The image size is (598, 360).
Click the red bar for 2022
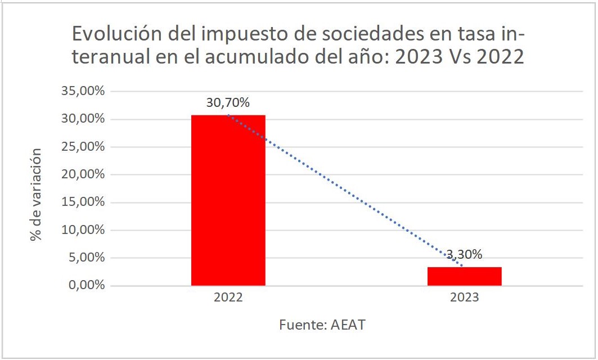[228, 200]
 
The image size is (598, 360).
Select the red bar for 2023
[464, 276]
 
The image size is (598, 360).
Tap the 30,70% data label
[228, 103]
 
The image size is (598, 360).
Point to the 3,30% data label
[464, 254]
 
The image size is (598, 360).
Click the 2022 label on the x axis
[228, 298]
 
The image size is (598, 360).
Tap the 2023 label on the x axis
[464, 298]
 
